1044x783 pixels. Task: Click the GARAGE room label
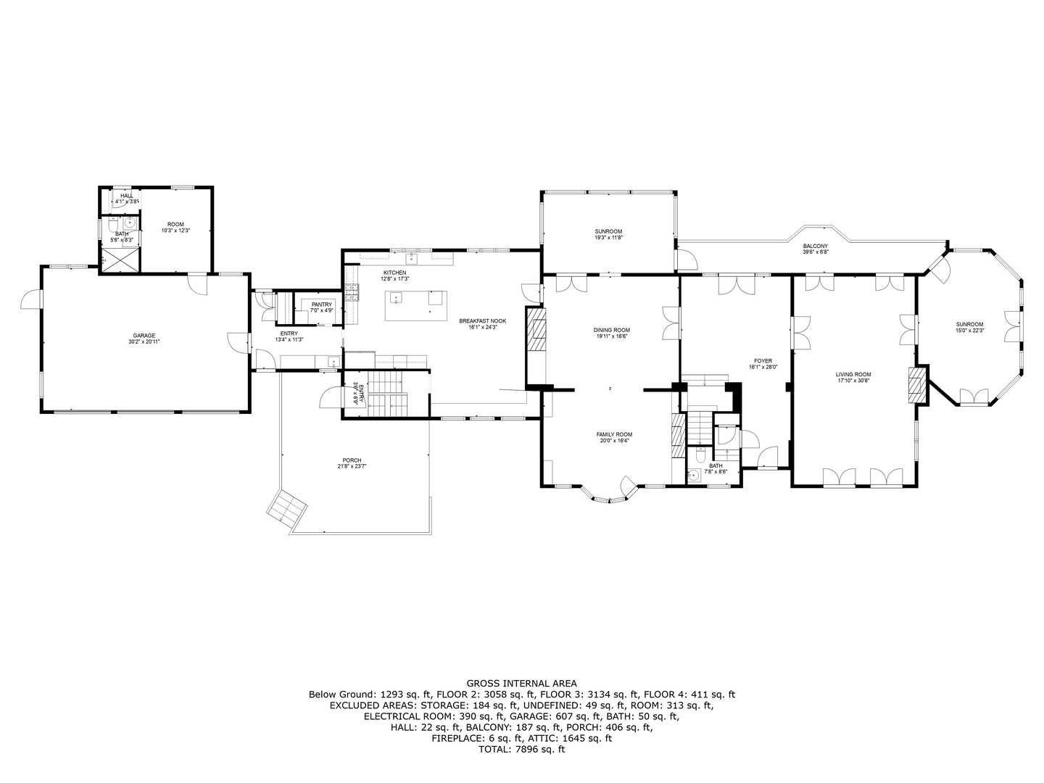pos(143,336)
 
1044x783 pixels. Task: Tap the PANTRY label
pos(321,304)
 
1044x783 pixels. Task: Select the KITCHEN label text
pos(395,273)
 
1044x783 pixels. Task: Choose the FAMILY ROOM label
pos(614,434)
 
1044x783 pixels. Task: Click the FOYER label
pos(763,360)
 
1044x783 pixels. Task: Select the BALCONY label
pos(815,246)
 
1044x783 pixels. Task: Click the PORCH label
pos(352,460)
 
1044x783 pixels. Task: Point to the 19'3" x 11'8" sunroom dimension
pos(609,237)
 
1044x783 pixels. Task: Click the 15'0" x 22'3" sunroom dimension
pos(969,331)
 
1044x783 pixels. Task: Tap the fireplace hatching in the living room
pos(918,385)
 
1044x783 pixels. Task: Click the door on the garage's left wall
pos(31,299)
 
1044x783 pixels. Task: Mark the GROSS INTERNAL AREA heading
pos(521,683)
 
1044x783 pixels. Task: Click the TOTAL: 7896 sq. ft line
pos(521,750)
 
